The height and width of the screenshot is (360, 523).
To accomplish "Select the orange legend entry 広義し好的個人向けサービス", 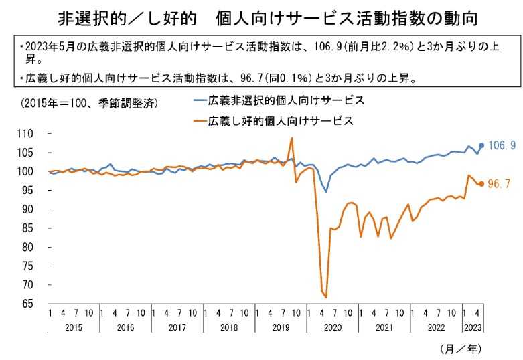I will click(x=281, y=121).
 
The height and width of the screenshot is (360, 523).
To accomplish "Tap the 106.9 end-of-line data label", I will click(x=502, y=145).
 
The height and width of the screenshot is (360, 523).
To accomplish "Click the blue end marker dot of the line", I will click(x=481, y=145).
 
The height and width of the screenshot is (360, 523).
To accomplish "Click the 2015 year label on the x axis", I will click(x=73, y=328).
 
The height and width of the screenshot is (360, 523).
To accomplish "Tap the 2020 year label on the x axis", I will click(x=333, y=328).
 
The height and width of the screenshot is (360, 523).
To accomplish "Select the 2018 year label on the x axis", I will click(x=229, y=328).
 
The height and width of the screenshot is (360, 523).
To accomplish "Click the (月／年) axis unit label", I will click(x=461, y=349).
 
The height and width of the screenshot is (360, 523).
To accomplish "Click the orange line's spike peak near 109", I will click(x=291, y=138).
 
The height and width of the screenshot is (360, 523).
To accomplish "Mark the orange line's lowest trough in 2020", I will click(x=325, y=296).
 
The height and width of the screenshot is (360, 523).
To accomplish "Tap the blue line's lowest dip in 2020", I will click(x=326, y=192).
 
